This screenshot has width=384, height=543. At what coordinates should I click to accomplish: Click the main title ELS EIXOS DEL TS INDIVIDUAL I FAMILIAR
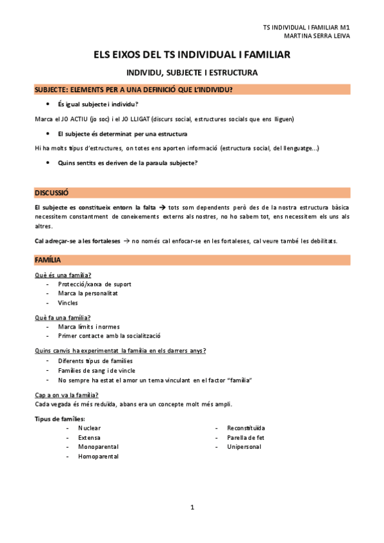pyautogui.click(x=192, y=56)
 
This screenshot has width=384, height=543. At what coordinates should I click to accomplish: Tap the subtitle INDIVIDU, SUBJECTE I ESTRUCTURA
pyautogui.click(x=192, y=72)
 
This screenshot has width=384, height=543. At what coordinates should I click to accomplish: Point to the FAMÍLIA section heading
pyautogui.click(x=48, y=260)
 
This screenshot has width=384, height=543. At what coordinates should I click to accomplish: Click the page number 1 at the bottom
pyautogui.click(x=192, y=508)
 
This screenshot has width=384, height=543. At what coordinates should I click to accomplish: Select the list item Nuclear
pyautogui.click(x=89, y=428)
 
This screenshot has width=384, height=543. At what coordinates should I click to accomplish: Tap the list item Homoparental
pyautogui.click(x=98, y=457)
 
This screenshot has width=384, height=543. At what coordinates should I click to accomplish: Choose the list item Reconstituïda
pyautogui.click(x=246, y=428)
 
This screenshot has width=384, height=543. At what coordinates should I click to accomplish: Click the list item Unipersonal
pyautogui.click(x=244, y=446)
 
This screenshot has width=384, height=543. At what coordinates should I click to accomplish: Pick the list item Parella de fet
pyautogui.click(x=246, y=437)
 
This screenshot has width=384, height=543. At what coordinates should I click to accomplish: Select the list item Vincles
pyautogui.click(x=68, y=303)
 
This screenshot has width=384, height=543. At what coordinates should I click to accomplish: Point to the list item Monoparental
pyautogui.click(x=98, y=446)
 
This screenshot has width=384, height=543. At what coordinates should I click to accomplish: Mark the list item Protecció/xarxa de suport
pyautogui.click(x=94, y=284)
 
